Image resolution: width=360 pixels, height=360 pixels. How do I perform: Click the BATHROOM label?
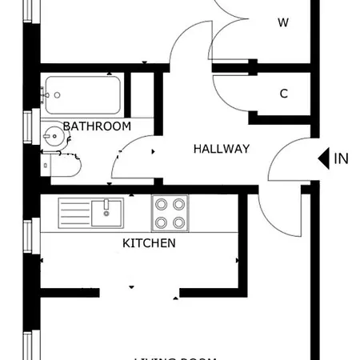click(97, 126)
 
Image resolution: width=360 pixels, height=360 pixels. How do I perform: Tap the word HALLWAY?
click(222, 149)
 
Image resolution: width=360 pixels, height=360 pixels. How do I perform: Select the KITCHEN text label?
click(148, 242)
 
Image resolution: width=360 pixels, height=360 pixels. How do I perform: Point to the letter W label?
click(282, 23)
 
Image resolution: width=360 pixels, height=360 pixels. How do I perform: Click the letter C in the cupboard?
click(283, 94)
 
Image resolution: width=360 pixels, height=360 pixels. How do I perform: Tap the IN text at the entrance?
click(342, 158)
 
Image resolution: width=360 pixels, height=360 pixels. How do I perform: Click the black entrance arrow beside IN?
click(323, 158)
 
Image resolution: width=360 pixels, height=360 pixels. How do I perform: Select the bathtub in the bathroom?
click(82, 95)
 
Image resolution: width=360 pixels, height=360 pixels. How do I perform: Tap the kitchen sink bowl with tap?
click(106, 212)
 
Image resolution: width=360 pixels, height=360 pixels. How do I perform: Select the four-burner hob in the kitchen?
click(170, 213)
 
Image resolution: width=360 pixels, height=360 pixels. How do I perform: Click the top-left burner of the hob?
click(161, 204)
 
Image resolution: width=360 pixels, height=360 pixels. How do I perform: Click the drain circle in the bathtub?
click(57, 95)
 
